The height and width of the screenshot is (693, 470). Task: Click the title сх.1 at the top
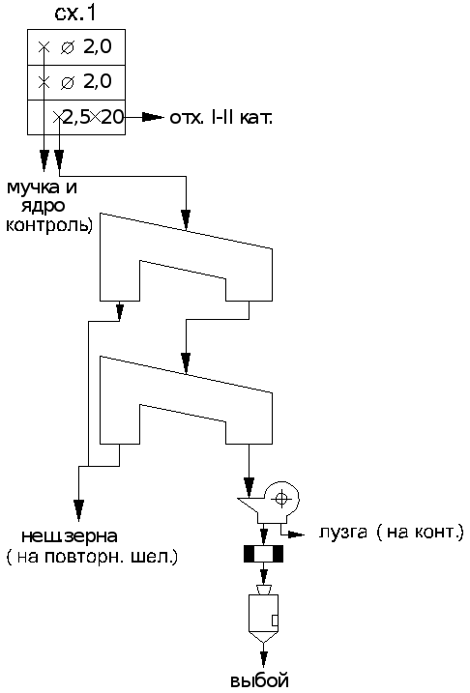tap(75, 14)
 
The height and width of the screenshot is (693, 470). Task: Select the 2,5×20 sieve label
tap(93, 118)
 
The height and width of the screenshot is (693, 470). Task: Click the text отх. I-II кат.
tap(221, 118)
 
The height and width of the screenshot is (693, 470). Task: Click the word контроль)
tap(49, 225)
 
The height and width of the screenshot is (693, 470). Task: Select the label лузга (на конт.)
tap(392, 533)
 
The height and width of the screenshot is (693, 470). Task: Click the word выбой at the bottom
tap(259, 679)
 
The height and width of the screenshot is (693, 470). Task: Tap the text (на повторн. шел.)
tap(92, 557)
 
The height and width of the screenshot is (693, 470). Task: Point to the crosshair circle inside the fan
tap(281, 499)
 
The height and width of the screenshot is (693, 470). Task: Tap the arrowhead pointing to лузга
tap(297, 534)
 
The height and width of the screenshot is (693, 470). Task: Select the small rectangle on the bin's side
tap(275, 621)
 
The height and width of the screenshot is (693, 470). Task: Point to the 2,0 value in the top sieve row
tap(98, 46)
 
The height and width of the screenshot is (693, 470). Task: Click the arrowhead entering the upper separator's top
tap(186, 219)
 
